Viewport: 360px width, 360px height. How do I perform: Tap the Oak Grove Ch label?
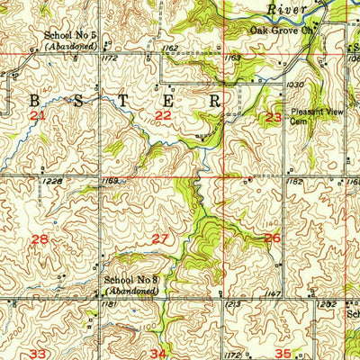tap(280, 29)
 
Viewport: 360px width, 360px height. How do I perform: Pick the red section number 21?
tap(37, 117)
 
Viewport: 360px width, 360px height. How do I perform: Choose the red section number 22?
tap(163, 116)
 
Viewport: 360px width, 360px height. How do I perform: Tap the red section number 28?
tap(40, 238)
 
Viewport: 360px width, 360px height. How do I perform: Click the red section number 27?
tap(159, 238)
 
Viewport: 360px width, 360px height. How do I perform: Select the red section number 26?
tap(271, 238)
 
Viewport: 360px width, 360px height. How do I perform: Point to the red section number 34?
tap(158, 353)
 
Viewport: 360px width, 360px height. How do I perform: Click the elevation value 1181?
tap(110, 306)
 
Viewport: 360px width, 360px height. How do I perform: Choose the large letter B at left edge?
tap(15, 100)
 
